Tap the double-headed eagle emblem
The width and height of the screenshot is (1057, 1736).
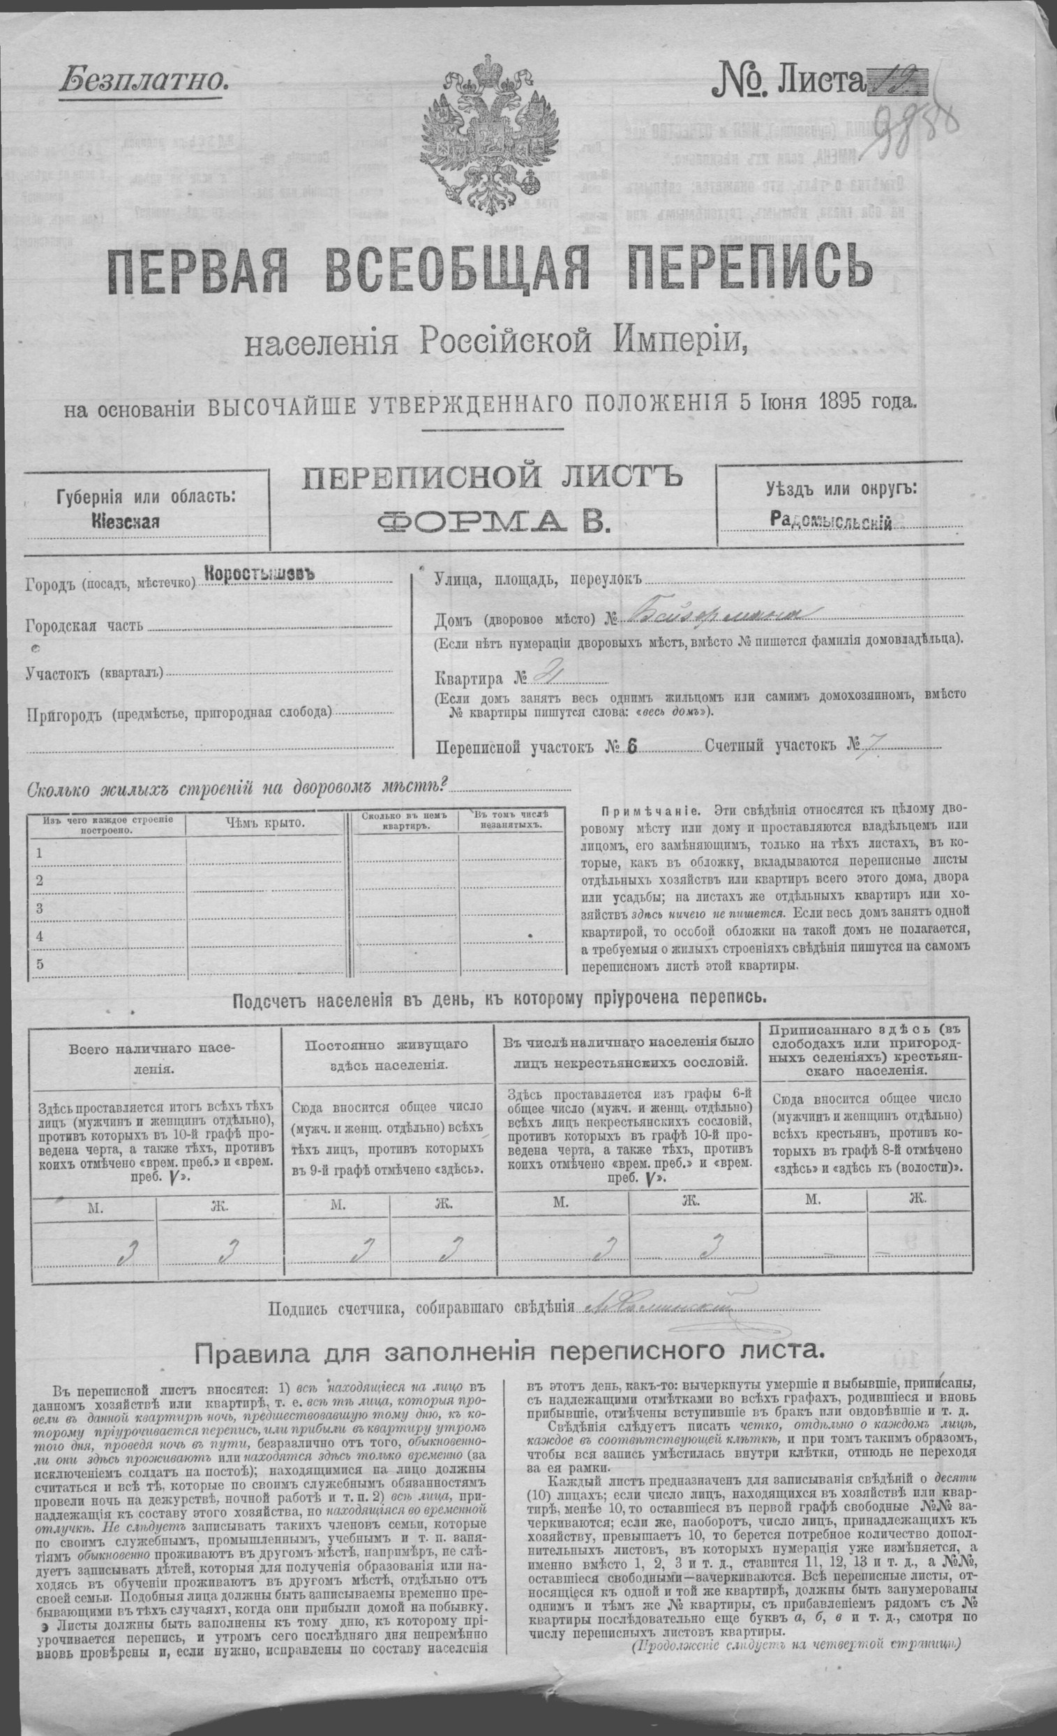coord(486,130)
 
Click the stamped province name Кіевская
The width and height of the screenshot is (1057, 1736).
coord(125,522)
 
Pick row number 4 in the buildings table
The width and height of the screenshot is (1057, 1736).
coord(40,936)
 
